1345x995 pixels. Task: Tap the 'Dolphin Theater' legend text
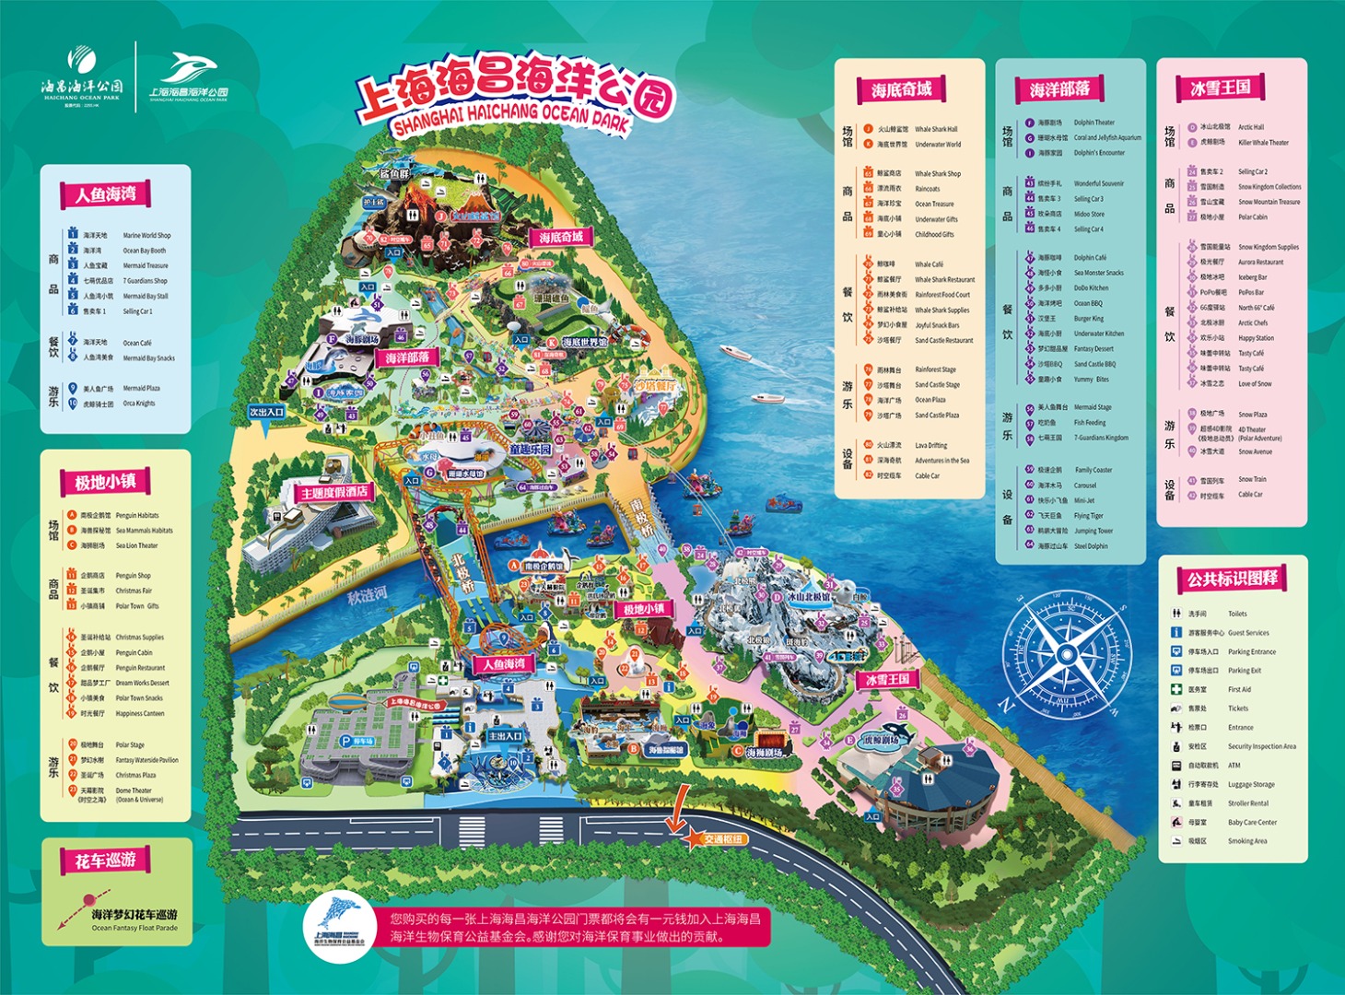coord(1094,123)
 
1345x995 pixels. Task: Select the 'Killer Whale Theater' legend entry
coord(1263,143)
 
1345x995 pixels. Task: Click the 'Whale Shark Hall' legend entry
coord(936,130)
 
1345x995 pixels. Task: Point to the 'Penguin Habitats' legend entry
coord(137,516)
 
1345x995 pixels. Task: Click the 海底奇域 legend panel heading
coord(901,89)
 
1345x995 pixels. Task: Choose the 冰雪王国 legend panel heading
coord(1221,88)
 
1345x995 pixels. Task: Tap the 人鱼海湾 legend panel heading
coord(106,194)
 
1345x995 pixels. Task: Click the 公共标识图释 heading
coord(1232,579)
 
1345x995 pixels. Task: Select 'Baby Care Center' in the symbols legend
coord(1252,823)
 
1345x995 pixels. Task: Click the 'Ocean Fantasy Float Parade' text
coord(134,928)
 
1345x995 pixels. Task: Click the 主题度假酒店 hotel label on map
coord(333,493)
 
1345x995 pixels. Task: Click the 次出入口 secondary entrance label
coord(267,412)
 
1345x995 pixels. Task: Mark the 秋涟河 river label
coord(367,595)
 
